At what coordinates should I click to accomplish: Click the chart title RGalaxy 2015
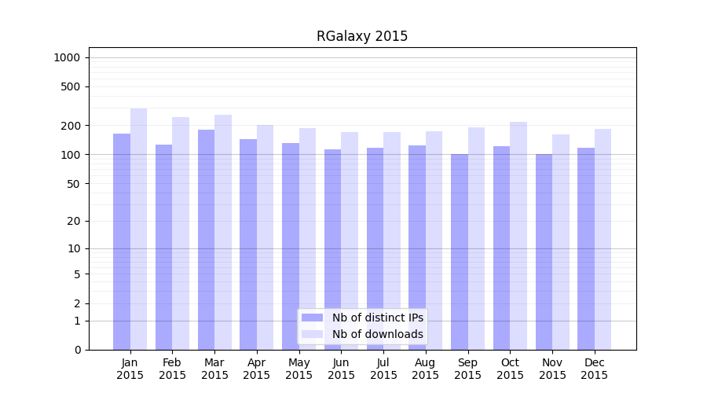362,36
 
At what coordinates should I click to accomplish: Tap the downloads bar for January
139,229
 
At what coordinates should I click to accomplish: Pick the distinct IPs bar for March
206,240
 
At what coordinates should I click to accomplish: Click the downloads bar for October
518,236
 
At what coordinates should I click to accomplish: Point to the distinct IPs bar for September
460,252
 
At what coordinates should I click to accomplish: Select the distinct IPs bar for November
544,252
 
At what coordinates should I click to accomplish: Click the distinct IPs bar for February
163,247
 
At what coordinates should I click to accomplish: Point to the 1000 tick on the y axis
67,57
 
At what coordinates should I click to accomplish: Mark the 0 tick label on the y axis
77,350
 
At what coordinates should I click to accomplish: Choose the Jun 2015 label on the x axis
341,369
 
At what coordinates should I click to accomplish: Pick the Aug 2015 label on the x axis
426,369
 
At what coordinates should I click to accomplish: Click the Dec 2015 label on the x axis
595,369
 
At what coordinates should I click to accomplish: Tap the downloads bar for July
392,241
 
